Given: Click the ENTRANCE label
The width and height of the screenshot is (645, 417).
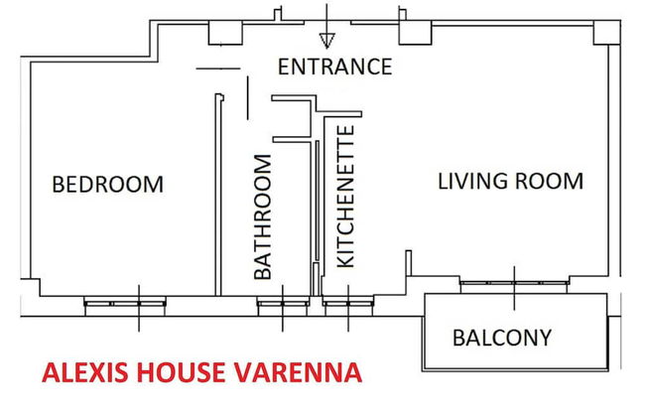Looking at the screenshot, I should [334, 68].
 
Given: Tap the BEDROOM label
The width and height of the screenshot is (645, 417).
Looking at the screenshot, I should [107, 185].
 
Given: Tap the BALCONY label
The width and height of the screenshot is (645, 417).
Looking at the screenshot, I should [502, 338].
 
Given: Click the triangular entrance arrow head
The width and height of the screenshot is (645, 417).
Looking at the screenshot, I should [326, 41].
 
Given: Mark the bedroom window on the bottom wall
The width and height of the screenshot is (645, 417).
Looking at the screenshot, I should [138, 304].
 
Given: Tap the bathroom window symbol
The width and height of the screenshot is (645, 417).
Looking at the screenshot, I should [284, 304].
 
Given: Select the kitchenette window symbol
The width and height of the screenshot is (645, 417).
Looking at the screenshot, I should [347, 304].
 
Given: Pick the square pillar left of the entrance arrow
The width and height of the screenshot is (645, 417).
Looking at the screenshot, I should [224, 33].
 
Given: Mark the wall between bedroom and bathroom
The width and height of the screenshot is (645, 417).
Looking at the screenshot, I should [216, 194].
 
